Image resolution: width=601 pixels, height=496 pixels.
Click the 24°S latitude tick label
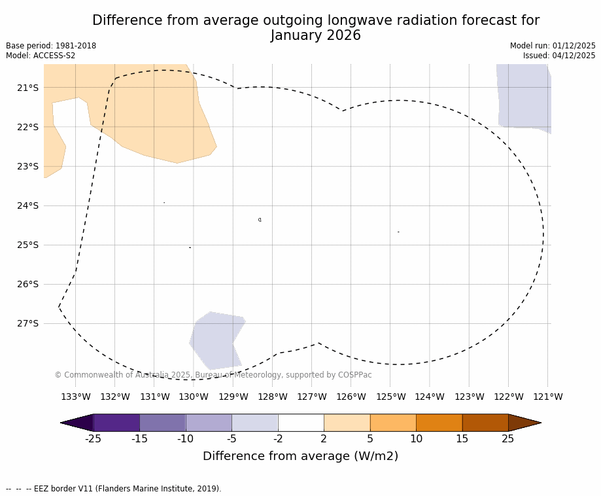click(28, 205)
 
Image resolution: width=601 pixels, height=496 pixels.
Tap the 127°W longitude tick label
click(311, 397)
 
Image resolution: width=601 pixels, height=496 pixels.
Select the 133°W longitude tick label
click(75, 397)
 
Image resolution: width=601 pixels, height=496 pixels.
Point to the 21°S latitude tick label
click(28, 88)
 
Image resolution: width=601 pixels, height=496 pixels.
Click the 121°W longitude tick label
click(547, 397)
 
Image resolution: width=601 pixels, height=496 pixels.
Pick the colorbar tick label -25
click(93, 439)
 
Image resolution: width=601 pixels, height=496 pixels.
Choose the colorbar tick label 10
click(416, 439)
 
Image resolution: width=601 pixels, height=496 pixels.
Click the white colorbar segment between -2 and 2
click(301, 423)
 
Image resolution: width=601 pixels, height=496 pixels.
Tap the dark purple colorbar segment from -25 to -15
click(116, 423)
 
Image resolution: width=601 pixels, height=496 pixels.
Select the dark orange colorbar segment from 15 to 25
click(485, 423)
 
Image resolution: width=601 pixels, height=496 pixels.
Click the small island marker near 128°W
click(260, 220)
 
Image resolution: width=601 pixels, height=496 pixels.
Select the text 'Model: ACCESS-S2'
click(41, 56)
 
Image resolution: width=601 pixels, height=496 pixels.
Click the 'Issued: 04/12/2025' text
click(559, 56)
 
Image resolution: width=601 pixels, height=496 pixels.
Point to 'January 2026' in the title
click(315, 36)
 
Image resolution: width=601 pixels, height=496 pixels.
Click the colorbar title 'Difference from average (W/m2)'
click(300, 456)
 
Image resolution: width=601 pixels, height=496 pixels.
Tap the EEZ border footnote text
click(114, 489)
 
